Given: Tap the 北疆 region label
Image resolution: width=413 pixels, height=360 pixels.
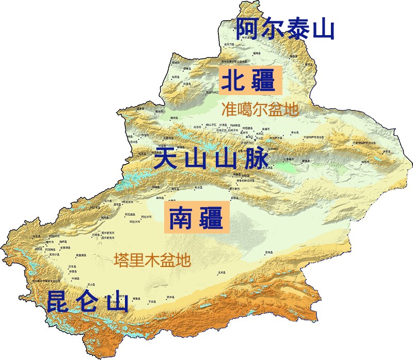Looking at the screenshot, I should (250, 81).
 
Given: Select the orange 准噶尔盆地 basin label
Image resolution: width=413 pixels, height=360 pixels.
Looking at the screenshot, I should (260, 109).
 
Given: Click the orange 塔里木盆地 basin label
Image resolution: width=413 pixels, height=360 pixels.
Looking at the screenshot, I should (152, 259).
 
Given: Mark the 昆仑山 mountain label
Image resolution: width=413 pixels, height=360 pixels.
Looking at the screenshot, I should (87, 302).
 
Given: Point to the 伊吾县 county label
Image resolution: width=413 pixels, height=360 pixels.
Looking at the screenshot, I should (387, 151).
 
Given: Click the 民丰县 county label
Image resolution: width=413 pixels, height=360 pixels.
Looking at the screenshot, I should (170, 297).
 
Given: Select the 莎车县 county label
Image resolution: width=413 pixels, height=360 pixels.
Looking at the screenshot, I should (72, 267).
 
